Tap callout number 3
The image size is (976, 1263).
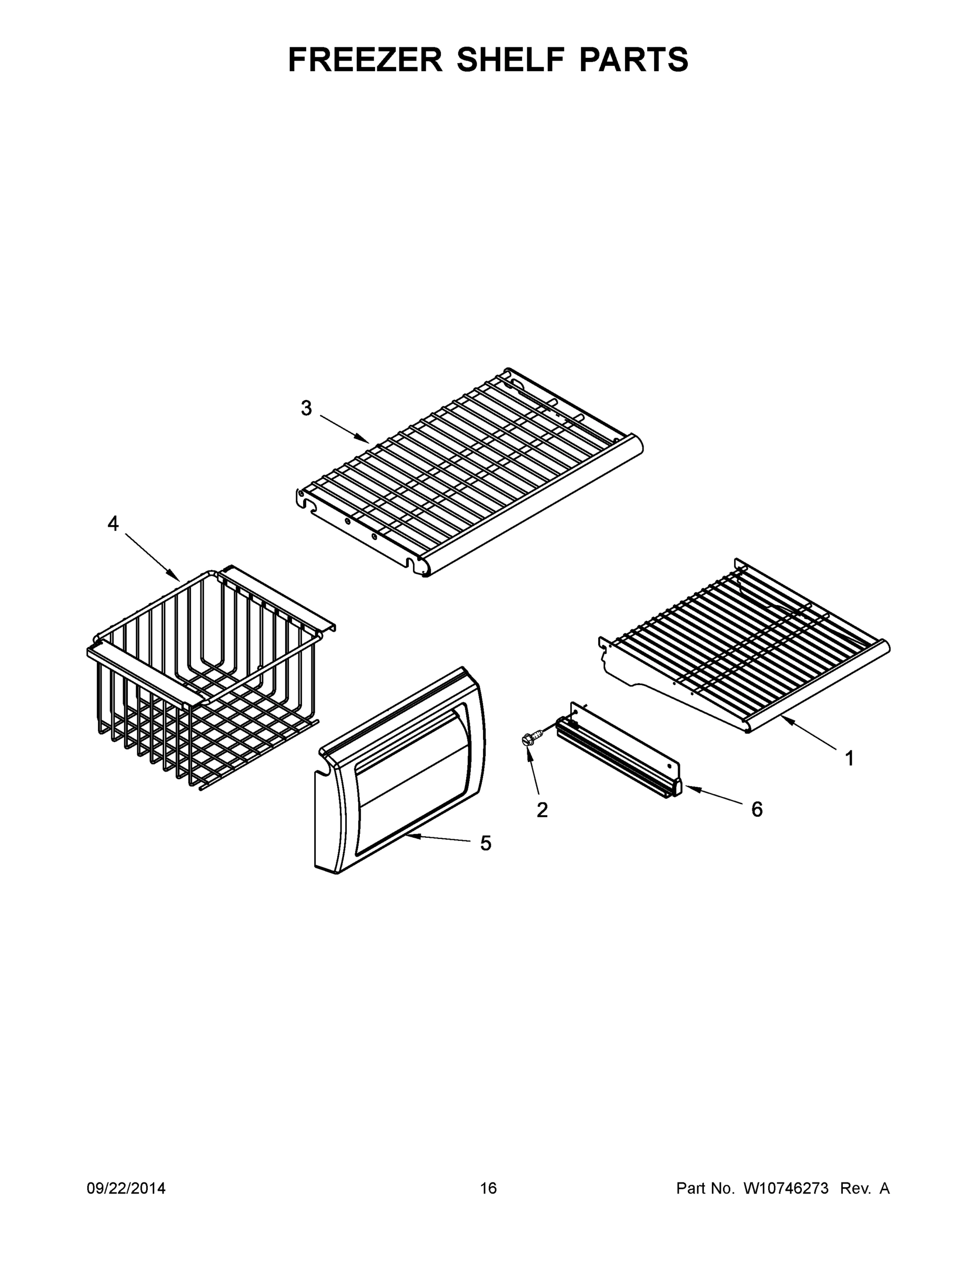click(x=306, y=408)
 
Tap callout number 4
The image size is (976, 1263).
click(x=113, y=524)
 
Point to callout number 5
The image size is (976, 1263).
click(x=486, y=844)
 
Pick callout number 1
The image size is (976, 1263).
click(x=849, y=759)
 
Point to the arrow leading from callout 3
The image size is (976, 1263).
click(x=345, y=429)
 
